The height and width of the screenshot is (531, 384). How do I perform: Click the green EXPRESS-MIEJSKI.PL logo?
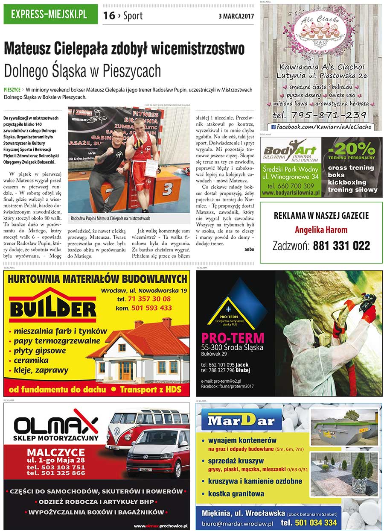coord(49,15)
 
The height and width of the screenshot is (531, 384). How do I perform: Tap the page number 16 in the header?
coord(109,16)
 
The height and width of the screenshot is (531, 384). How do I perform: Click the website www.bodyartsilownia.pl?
coord(291,193)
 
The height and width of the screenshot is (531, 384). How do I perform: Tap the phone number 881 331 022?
coord(341,246)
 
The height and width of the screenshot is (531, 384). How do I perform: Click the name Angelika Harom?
coord(321,230)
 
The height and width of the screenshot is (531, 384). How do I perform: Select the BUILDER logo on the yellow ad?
coord(52,308)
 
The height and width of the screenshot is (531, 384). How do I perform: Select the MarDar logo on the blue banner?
coord(241,421)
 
